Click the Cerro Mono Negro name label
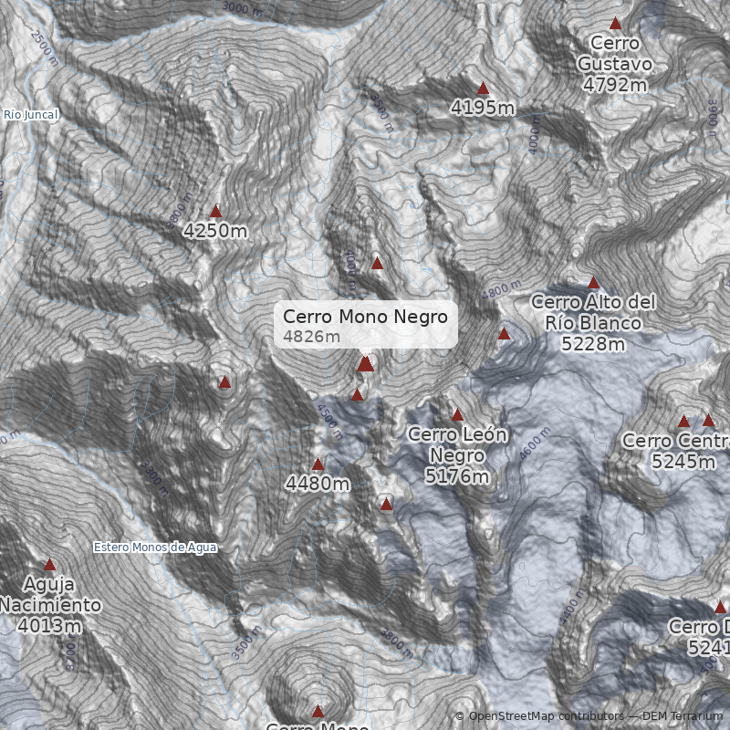coord(365,317)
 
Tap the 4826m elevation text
coord(311,337)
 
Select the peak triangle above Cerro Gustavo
coord(616,24)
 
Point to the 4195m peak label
coord(483,109)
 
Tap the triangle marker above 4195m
coord(484,89)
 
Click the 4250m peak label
coord(215,231)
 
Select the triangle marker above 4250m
coord(215,211)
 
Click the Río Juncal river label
coord(30,115)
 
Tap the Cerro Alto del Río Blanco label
coord(593,322)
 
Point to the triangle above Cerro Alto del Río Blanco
coord(593,282)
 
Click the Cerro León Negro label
coord(457,454)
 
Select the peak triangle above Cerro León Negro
coord(458,415)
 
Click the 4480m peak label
coord(318,484)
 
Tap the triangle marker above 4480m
coord(318,464)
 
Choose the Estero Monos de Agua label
coord(155,547)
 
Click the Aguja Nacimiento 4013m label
coord(49,605)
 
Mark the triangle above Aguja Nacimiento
coord(49,565)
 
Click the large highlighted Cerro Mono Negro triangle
coord(365,364)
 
